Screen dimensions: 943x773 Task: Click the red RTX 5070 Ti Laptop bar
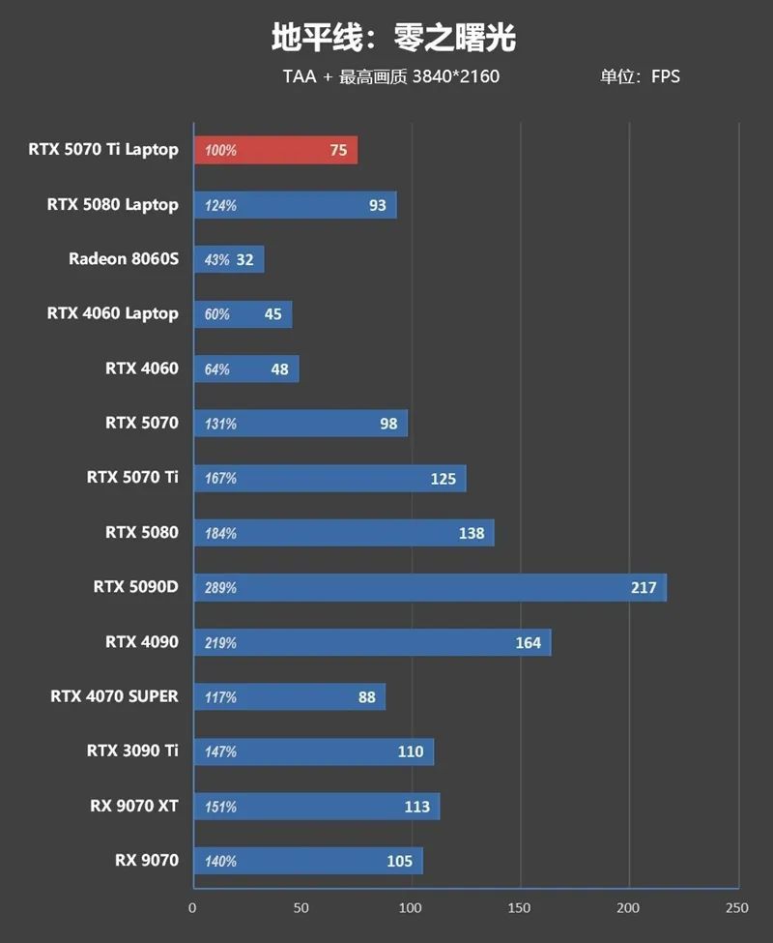(x=275, y=150)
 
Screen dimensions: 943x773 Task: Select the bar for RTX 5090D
(x=430, y=587)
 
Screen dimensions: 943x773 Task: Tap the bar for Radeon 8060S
(x=229, y=259)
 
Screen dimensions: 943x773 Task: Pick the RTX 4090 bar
(x=372, y=642)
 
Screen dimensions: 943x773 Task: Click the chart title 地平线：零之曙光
(x=393, y=38)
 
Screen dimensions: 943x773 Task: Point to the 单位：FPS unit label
(x=640, y=76)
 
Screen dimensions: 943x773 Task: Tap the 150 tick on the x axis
(x=520, y=908)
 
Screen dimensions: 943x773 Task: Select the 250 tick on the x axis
(x=736, y=908)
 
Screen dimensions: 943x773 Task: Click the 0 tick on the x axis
(x=192, y=908)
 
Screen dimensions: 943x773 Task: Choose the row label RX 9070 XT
(x=132, y=806)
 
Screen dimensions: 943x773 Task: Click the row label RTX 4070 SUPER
(x=114, y=696)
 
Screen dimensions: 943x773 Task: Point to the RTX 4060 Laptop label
(x=112, y=313)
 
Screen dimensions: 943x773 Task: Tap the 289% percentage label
(x=220, y=588)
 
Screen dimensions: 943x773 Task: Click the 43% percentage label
(x=217, y=260)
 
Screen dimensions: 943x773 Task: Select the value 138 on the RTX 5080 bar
(x=472, y=533)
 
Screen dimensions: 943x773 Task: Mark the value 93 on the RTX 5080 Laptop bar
(x=377, y=205)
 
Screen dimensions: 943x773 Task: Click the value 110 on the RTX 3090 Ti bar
(x=411, y=751)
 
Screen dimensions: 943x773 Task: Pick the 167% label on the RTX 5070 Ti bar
(x=220, y=479)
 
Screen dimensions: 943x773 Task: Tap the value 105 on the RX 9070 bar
(x=399, y=861)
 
